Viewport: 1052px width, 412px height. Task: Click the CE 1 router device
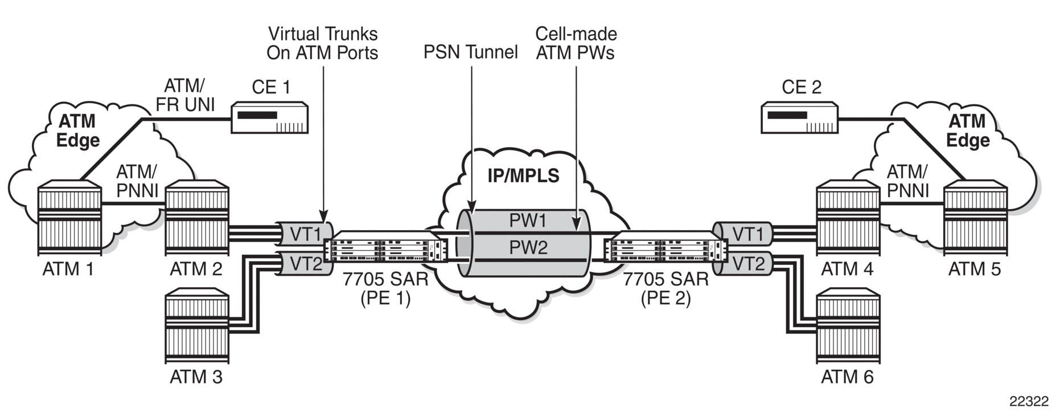click(x=270, y=118)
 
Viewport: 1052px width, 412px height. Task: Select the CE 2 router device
click(x=800, y=118)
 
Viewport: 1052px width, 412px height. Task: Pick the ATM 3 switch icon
click(x=196, y=329)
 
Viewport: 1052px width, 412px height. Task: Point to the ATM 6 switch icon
click(x=848, y=329)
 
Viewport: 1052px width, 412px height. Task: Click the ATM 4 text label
click(x=847, y=268)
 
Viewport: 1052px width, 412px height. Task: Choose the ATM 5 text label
click(x=974, y=268)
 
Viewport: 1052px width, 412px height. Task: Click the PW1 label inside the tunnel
click(x=528, y=221)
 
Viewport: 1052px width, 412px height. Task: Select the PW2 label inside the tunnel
click(x=528, y=247)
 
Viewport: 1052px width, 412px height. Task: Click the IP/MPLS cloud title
click(x=524, y=176)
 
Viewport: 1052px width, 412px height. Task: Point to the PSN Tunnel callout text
click(x=471, y=52)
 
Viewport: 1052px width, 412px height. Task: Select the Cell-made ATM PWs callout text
click(x=576, y=43)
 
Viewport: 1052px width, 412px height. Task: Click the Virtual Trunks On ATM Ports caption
click(x=323, y=43)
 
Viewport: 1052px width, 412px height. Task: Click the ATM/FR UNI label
click(x=186, y=95)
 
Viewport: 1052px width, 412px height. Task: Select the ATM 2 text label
click(x=196, y=268)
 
